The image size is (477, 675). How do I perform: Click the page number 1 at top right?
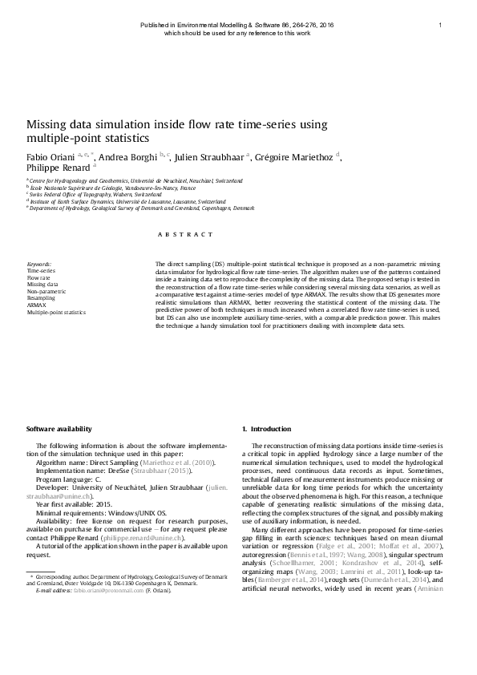[x=442, y=26]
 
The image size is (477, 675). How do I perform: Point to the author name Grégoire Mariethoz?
[x=294, y=156]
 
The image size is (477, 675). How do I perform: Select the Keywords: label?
[x=39, y=263]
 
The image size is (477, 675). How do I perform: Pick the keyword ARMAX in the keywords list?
[x=36, y=305]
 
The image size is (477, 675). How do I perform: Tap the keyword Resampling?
[x=41, y=298]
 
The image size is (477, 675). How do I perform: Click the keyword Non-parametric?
[x=46, y=291]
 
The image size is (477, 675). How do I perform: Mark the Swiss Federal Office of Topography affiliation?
[x=80, y=195]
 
